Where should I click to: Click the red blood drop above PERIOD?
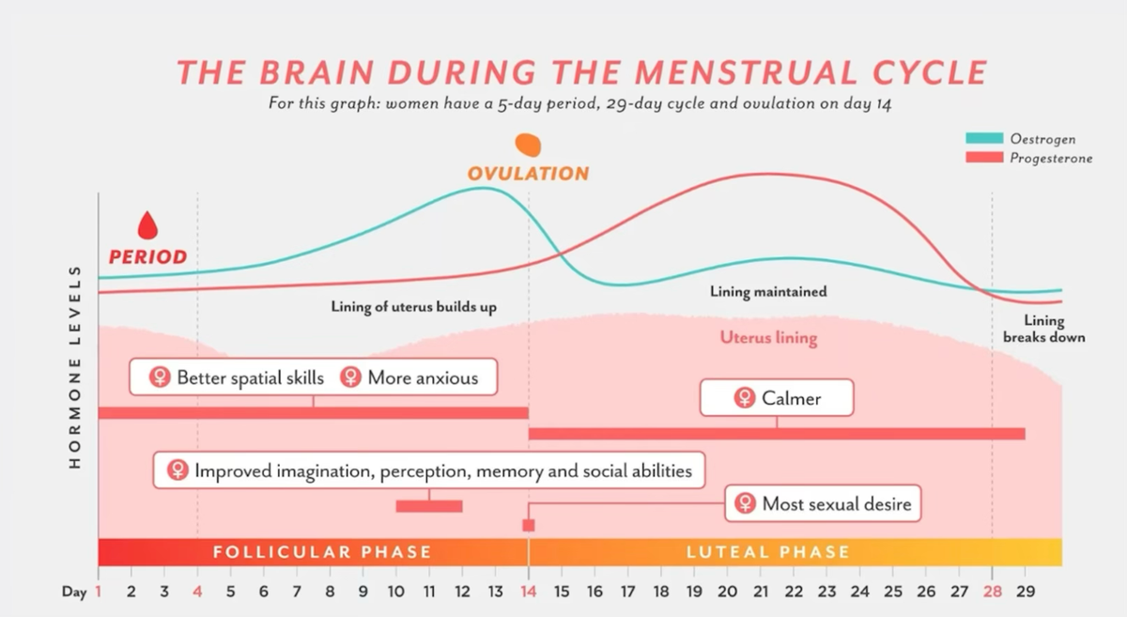[147, 225]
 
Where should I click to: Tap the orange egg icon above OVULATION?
[527, 145]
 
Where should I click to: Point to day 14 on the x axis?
[528, 592]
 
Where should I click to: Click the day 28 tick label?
[992, 592]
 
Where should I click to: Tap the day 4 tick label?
[197, 592]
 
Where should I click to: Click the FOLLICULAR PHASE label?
[321, 552]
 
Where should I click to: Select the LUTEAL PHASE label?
[767, 552]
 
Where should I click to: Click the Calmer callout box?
[777, 398]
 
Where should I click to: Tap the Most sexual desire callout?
[824, 504]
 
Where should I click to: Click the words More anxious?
[423, 378]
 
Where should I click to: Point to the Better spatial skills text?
[250, 378]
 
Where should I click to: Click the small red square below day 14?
[528, 525]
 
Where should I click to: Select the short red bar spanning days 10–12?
[429, 506]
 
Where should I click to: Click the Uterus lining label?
[768, 338]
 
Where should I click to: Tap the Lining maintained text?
[768, 291]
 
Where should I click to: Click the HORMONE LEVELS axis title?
[76, 366]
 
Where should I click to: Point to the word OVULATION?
[528, 174]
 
